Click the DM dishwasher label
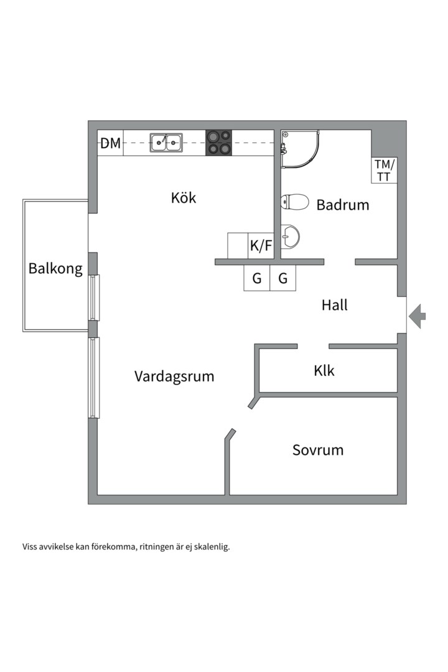[111, 144]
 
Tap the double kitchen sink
[166, 142]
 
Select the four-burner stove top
[218, 142]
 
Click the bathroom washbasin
[290, 236]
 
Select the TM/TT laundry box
[384, 170]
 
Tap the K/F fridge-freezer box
[261, 246]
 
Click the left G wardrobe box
[256, 278]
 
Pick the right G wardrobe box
[283, 278]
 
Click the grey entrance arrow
[418, 315]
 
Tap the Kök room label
[184, 198]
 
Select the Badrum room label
[343, 205]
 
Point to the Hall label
[335, 306]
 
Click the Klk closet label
[324, 371]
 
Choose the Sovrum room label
[318, 450]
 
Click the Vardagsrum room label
[174, 376]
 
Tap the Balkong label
[55, 269]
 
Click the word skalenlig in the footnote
[212, 548]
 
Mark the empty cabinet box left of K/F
[238, 246]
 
